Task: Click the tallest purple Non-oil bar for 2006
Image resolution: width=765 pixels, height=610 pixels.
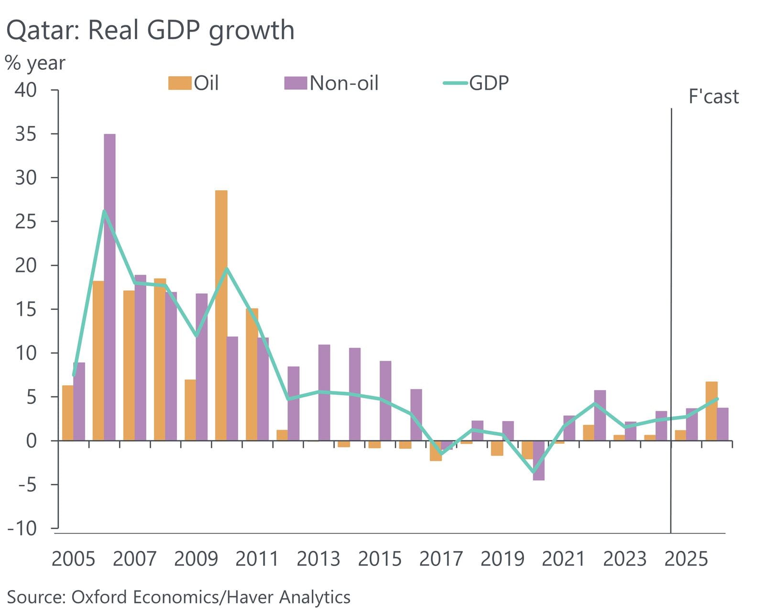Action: (109, 287)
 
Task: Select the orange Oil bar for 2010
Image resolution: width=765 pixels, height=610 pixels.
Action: (221, 316)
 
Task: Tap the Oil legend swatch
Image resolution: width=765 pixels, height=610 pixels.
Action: (179, 83)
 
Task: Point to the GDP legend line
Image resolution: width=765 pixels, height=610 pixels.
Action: (455, 83)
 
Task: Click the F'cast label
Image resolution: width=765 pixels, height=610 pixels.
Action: (713, 97)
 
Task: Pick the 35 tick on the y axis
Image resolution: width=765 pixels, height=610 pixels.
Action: (25, 134)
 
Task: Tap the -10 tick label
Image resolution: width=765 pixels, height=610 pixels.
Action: (22, 528)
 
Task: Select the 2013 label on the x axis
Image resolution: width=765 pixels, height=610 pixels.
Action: (318, 559)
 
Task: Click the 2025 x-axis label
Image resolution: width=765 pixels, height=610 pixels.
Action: (686, 559)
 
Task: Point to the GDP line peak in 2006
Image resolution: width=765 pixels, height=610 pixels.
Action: (104, 211)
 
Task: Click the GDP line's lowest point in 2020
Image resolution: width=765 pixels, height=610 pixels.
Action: (534, 472)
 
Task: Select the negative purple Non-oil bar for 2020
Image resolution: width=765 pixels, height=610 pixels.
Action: (538, 460)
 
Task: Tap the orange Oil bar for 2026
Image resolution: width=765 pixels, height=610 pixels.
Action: (711, 411)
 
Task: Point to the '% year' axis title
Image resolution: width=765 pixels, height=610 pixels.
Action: (35, 63)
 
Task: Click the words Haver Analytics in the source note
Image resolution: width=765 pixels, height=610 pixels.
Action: (288, 597)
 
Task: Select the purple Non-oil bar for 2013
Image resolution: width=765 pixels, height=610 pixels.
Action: (324, 392)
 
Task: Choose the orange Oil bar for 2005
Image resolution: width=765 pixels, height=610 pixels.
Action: (67, 413)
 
